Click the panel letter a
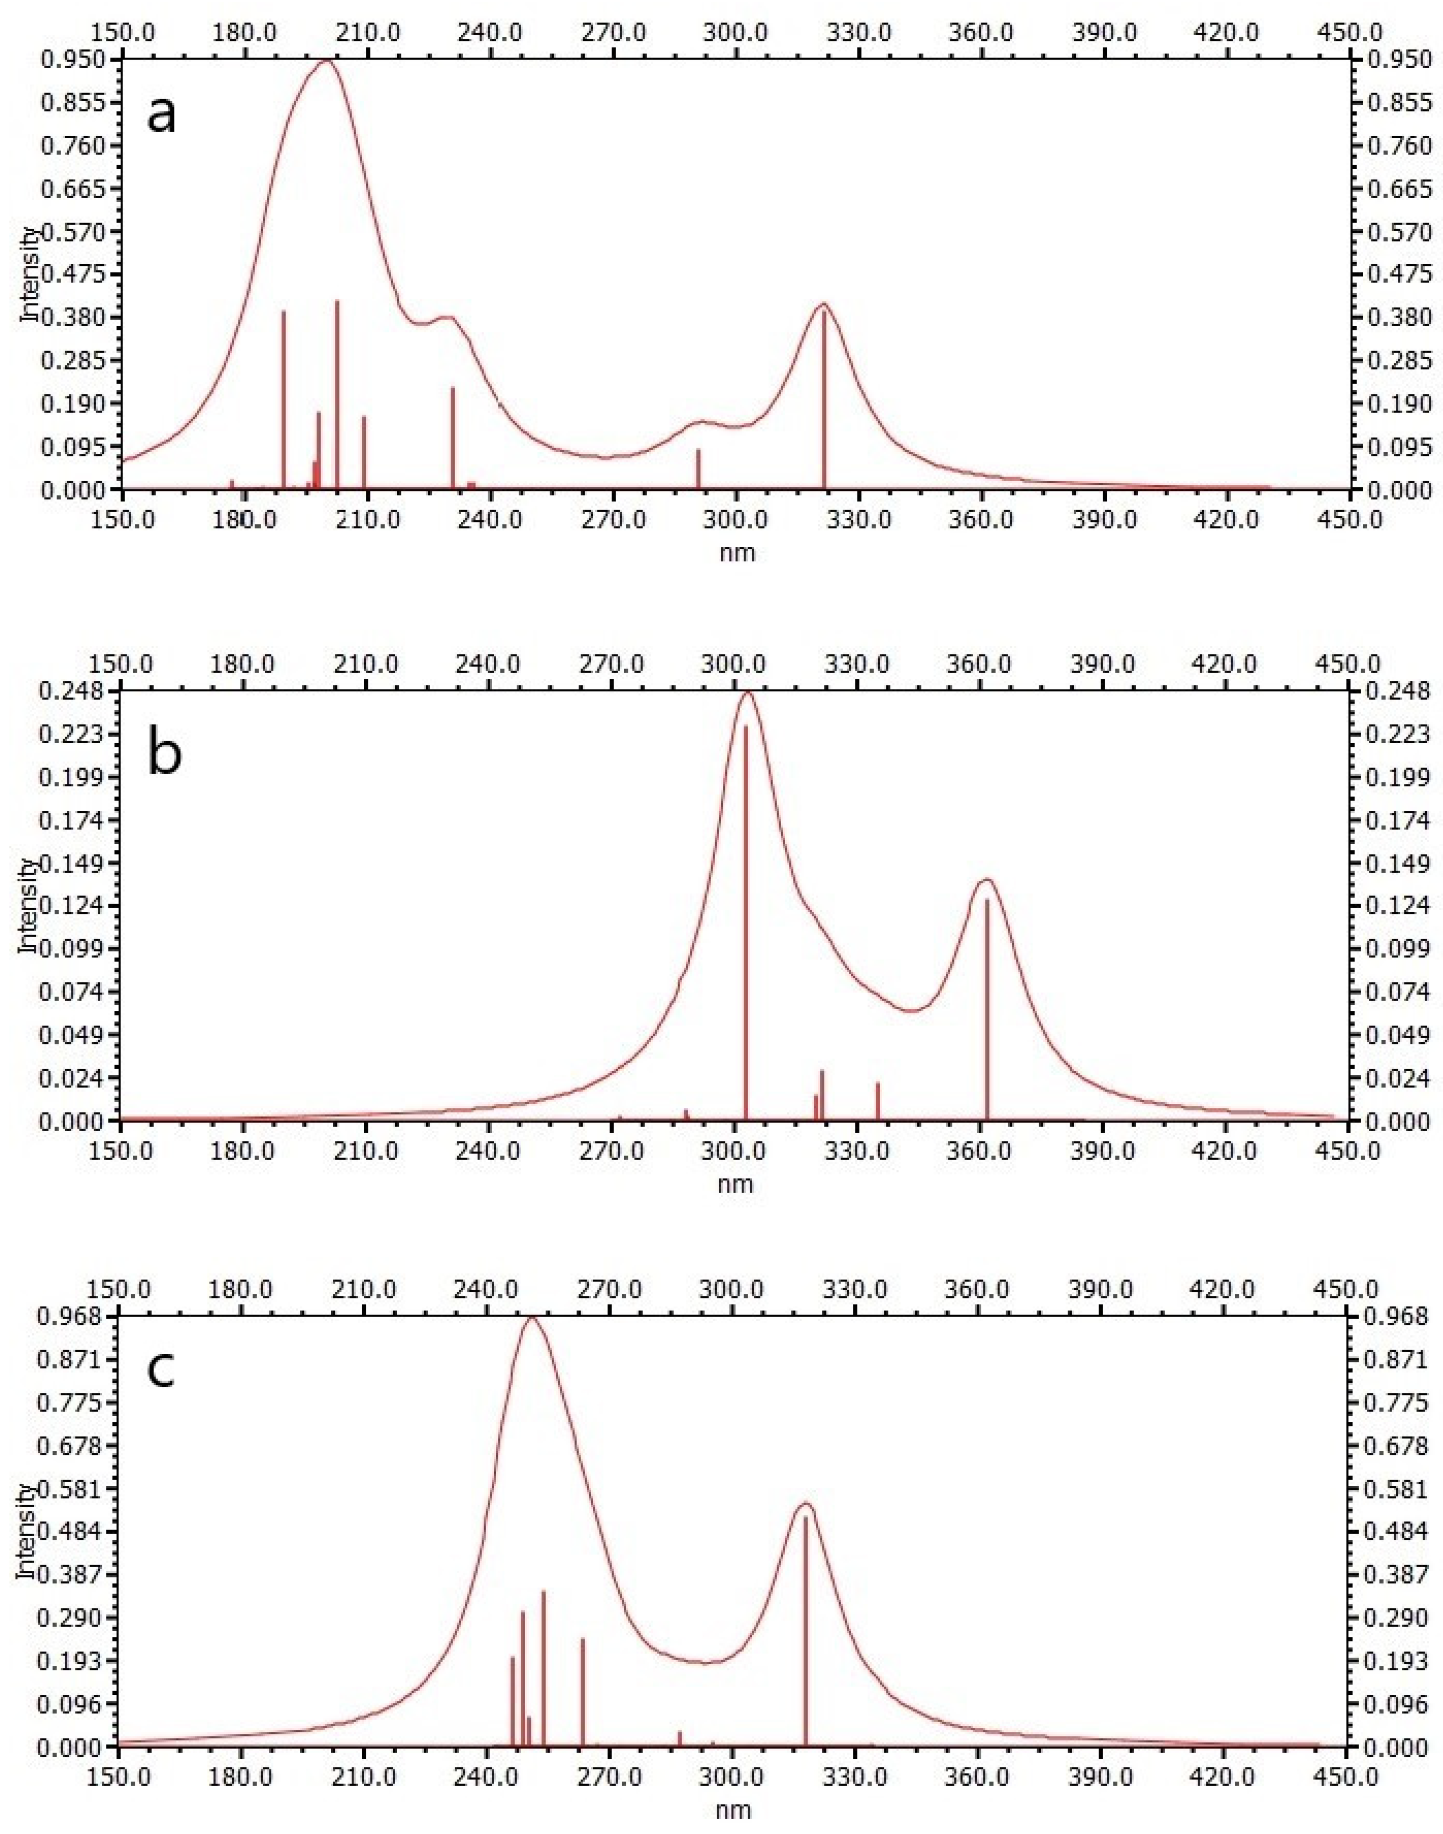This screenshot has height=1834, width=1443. pos(162,115)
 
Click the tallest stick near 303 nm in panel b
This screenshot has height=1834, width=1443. pos(745,921)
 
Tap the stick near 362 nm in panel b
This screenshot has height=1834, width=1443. pos(987,1010)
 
